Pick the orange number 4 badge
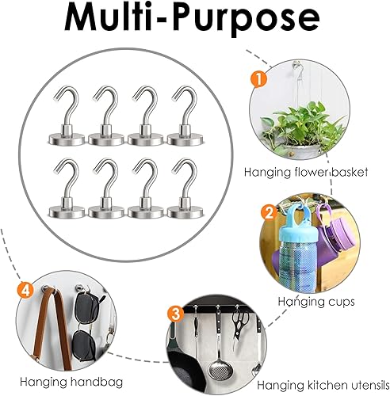click(25, 291)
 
